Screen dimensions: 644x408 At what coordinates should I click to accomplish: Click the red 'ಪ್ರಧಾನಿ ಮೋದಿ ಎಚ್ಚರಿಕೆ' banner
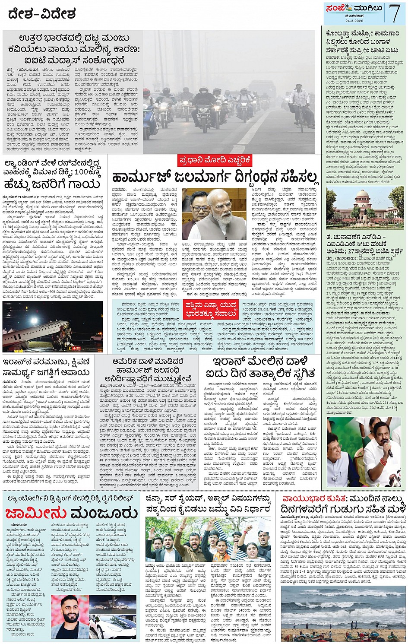215,161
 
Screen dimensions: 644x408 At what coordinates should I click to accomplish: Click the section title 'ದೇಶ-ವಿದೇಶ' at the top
42,14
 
